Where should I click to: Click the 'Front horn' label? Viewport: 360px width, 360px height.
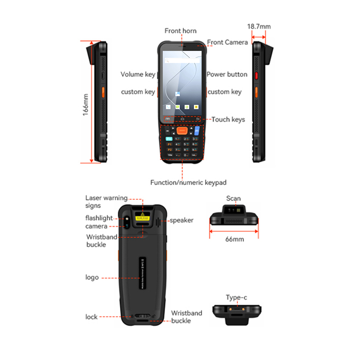click(x=180, y=31)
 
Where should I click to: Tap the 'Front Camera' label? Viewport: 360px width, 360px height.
click(x=228, y=42)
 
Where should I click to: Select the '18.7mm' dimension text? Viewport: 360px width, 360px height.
click(x=259, y=26)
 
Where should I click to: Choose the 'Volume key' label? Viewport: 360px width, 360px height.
click(x=138, y=74)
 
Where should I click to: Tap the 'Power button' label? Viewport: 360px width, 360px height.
click(x=227, y=74)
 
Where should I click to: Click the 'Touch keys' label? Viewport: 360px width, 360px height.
click(x=228, y=120)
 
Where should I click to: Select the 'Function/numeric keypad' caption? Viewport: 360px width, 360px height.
click(x=188, y=182)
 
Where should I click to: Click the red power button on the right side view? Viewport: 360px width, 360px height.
click(x=257, y=75)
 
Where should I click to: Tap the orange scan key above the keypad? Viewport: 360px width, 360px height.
click(x=181, y=130)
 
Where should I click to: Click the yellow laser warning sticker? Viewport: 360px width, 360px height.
click(x=143, y=217)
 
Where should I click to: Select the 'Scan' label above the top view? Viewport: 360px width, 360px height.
click(x=233, y=198)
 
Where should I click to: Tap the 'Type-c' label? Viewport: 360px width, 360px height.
click(x=236, y=298)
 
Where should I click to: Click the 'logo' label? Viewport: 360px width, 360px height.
click(x=92, y=277)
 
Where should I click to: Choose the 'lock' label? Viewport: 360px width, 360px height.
click(x=92, y=317)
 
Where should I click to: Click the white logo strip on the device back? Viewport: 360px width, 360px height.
click(x=142, y=274)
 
